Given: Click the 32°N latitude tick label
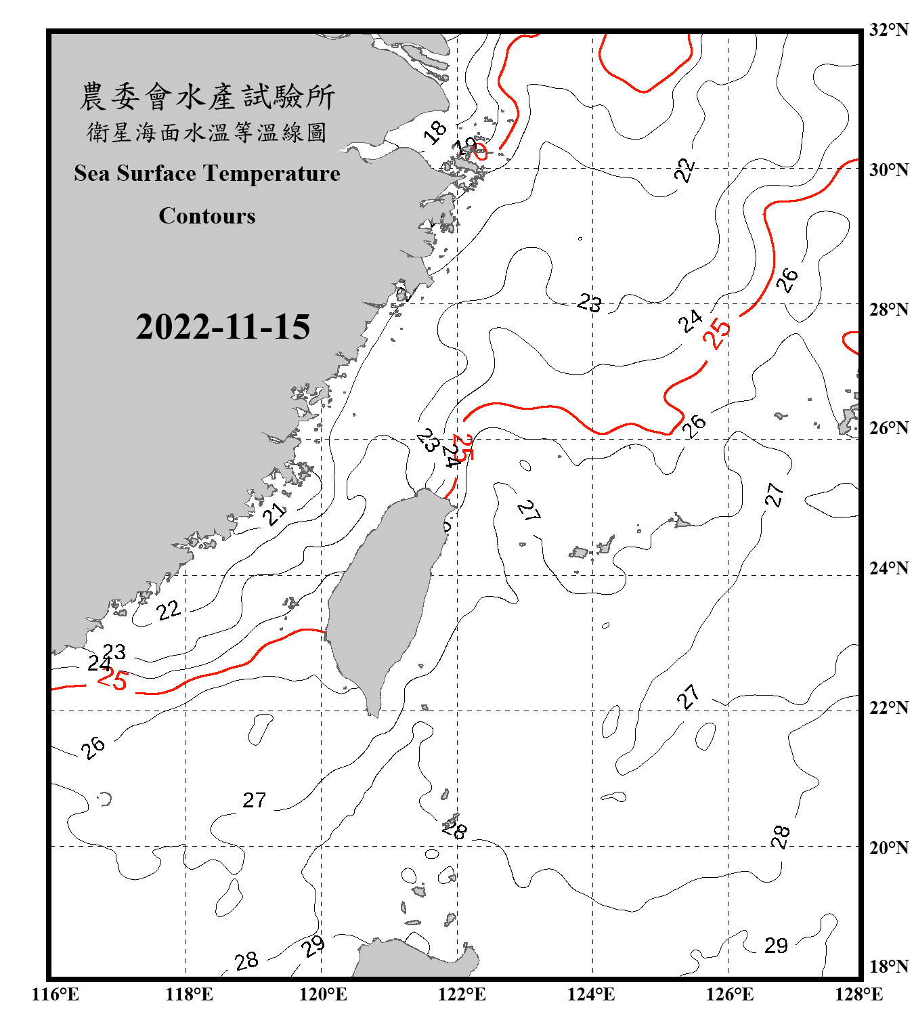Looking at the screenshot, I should [x=888, y=30].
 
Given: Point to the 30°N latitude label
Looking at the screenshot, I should [x=888, y=170].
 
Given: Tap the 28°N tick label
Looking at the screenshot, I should [x=888, y=310].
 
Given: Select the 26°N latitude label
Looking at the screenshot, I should [x=888, y=428].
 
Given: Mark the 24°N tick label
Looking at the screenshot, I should [x=888, y=568].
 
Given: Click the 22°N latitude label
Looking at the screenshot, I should [x=888, y=708].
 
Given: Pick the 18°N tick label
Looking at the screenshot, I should [x=888, y=967].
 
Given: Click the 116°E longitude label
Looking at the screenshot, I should [x=55, y=994].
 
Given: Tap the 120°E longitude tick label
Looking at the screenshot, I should [x=323, y=994].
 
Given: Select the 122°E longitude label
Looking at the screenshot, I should [x=462, y=994].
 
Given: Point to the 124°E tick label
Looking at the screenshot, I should [x=591, y=994].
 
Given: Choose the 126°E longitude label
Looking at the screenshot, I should [x=729, y=994].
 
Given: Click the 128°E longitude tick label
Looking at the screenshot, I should [x=858, y=994].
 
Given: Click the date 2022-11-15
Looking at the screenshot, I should [x=223, y=327].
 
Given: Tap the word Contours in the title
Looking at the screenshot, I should [x=207, y=216].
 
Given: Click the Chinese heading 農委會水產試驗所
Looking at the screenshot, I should [x=207, y=97].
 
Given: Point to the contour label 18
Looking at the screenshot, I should [x=435, y=131].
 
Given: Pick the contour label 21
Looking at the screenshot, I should [x=275, y=513].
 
